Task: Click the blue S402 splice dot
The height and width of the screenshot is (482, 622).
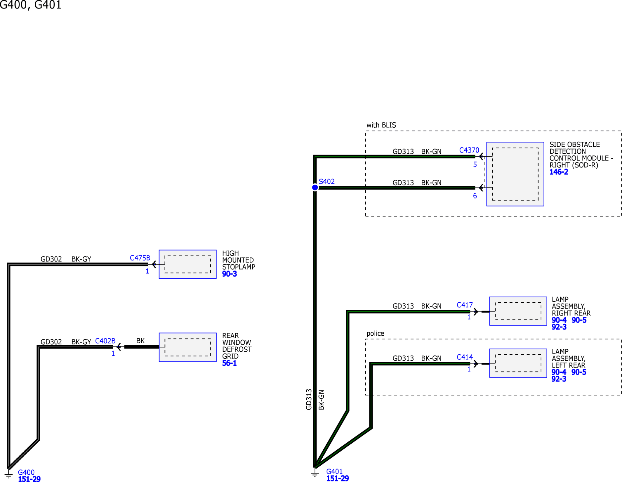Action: coord(315,187)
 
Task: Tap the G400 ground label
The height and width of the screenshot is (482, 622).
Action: coord(26,472)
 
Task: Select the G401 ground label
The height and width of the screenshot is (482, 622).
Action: coord(334,471)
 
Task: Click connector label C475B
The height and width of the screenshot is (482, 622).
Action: coord(140,258)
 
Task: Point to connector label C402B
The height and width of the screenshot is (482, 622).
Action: coord(105,341)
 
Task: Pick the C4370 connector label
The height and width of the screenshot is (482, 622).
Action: coord(469,150)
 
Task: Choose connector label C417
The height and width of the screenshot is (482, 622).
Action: coord(465,305)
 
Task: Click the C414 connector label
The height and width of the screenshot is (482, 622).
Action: coord(465,357)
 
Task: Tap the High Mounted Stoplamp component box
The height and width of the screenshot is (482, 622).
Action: coord(187,264)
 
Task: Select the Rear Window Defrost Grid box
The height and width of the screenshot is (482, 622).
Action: coord(187,347)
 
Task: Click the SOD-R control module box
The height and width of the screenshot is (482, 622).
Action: coord(515,174)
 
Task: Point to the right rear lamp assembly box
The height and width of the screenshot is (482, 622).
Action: coord(518,311)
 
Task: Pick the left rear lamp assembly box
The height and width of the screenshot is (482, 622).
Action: coord(518,363)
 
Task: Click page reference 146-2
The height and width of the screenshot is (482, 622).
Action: coord(559,172)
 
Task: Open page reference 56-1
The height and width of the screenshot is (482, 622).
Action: coord(229,363)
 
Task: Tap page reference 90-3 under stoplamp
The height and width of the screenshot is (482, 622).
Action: coord(230,274)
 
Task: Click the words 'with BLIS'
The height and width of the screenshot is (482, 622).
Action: coord(381,125)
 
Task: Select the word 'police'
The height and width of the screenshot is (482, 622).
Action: coord(375,334)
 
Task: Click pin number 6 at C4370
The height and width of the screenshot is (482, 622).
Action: coord(475,196)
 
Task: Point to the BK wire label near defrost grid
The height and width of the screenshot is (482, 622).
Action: coord(140,341)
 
